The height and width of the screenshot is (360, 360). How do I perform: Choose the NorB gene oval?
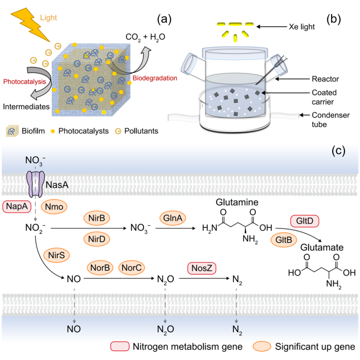[101, 268]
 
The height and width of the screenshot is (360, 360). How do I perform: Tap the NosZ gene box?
[202, 268]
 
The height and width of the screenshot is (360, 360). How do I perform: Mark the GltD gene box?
[304, 220]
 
